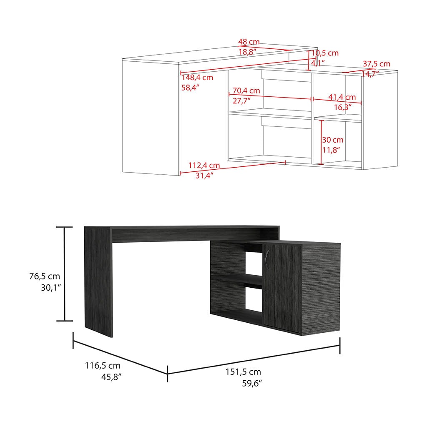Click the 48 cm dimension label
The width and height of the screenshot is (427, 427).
249,42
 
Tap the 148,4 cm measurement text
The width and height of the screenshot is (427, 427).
197,78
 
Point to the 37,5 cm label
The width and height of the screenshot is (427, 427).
376,64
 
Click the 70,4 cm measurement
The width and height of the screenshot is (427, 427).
246,90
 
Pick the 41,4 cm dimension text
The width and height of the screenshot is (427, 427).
342,97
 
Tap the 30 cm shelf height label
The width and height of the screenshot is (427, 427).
332,140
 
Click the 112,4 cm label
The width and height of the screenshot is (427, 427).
204,166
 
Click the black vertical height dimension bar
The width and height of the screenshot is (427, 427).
64,274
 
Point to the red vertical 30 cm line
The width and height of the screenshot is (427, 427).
322,142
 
